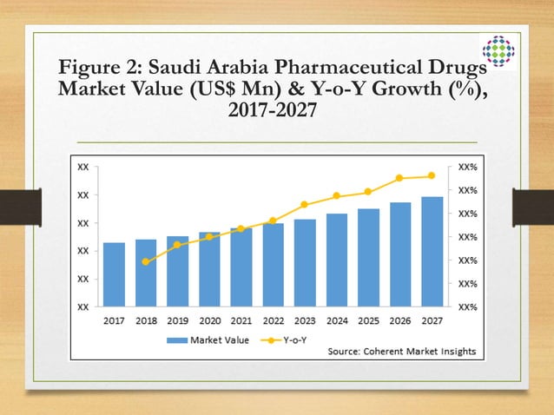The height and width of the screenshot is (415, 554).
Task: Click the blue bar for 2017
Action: pyautogui.click(x=114, y=274)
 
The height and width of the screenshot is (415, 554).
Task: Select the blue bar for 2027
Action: pyautogui.click(x=432, y=252)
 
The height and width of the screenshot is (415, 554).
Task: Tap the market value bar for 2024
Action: pyautogui.click(x=337, y=260)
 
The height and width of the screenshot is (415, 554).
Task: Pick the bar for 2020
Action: pyautogui.click(x=209, y=269)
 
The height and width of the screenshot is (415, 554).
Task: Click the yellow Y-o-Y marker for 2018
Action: pyautogui.click(x=146, y=261)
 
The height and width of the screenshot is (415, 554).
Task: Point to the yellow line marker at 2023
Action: pyautogui.click(x=305, y=205)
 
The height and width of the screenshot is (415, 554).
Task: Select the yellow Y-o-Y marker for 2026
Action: pyautogui.click(x=399, y=178)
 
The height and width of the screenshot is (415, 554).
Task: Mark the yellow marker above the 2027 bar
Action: pyautogui.click(x=432, y=176)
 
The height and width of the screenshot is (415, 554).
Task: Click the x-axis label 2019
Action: pyautogui.click(x=177, y=320)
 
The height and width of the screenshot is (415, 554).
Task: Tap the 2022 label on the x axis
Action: pyautogui.click(x=273, y=320)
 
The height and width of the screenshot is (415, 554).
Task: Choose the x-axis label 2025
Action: pyautogui.click(x=368, y=320)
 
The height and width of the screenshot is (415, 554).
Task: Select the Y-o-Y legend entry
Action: pyautogui.click(x=286, y=339)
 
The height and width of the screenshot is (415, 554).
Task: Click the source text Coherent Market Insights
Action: pyautogui.click(x=403, y=352)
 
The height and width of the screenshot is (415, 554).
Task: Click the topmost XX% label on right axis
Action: pyautogui.click(x=467, y=165)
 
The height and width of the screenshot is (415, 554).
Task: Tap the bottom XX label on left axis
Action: pyautogui.click(x=82, y=306)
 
